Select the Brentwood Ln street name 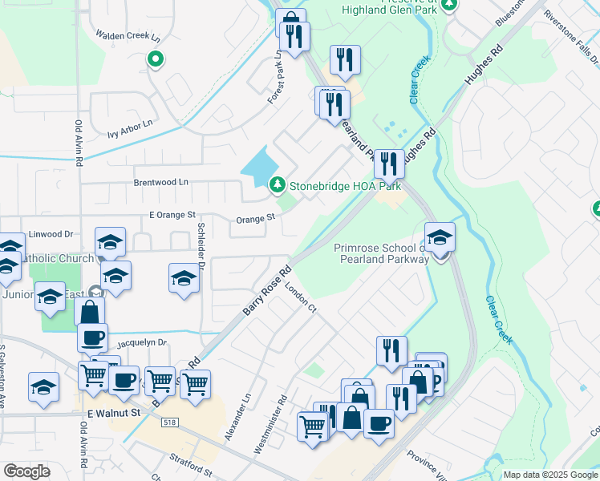coord(160,182)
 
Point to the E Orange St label coord(172,215)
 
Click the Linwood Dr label coord(51,234)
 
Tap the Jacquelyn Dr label coord(140,342)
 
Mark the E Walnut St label coord(113,413)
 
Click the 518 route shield coord(171,421)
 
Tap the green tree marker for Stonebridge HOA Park coord(278,185)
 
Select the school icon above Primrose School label coord(440,237)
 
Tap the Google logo coord(26,471)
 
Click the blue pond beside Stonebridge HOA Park coord(258,166)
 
